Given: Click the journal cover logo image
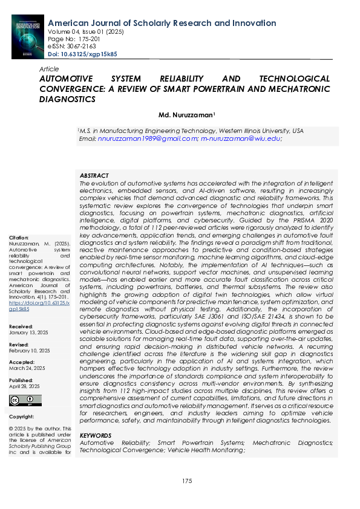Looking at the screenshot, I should coord(28,36).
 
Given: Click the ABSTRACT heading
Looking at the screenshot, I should coord(94,174).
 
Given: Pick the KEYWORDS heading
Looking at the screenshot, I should coord(96,435).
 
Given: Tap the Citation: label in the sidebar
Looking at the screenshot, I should coord(19,238).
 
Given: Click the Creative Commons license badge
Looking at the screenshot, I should coord(25,400).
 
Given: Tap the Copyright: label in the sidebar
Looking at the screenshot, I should coord(21,417).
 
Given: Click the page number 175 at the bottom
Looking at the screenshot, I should coord(187,481).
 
